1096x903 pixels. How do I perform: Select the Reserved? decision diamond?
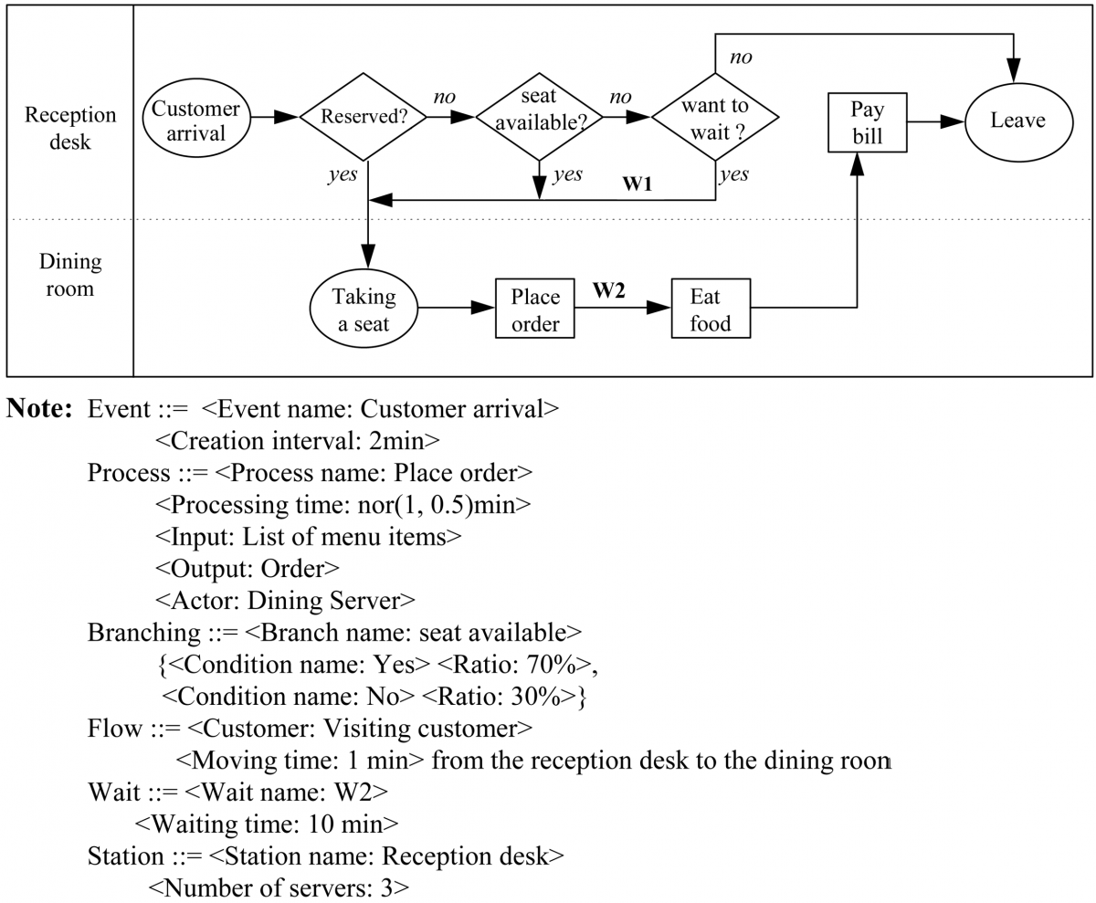(x=364, y=118)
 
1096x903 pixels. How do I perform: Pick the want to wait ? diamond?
(x=714, y=118)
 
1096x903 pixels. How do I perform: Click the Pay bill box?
(x=868, y=123)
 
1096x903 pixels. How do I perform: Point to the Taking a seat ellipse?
(x=364, y=309)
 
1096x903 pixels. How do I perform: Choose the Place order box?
(x=534, y=310)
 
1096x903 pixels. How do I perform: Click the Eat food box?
(x=711, y=310)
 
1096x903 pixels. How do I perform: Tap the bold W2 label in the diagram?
(x=608, y=291)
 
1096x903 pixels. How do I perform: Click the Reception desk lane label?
(x=70, y=129)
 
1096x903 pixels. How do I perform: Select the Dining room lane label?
(x=70, y=274)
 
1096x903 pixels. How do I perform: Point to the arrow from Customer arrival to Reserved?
(x=274, y=117)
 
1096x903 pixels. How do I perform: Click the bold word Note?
(x=40, y=410)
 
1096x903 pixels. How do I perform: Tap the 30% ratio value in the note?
(x=546, y=697)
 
